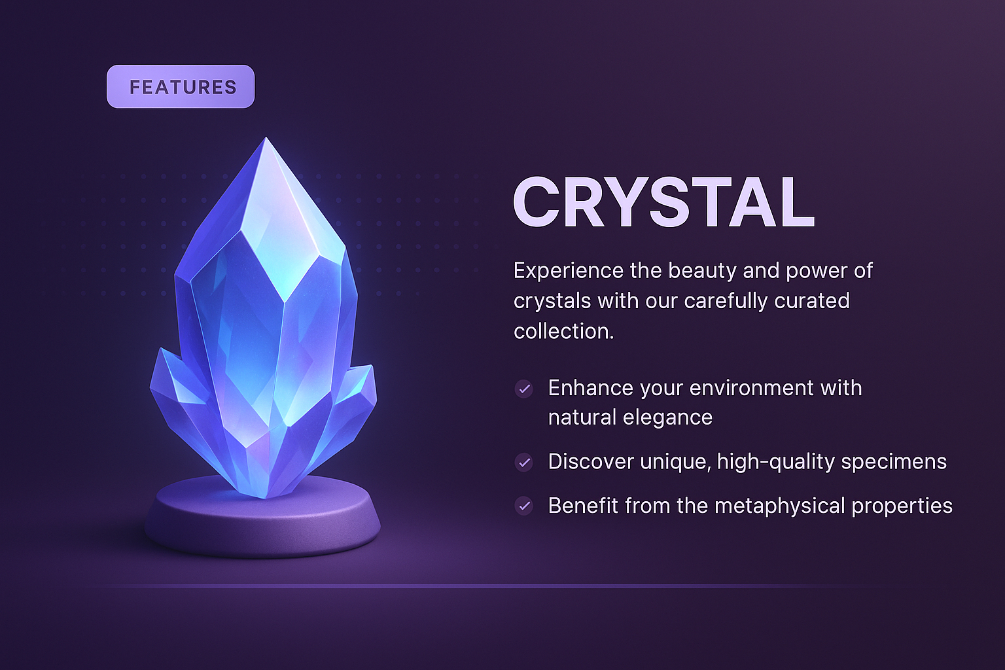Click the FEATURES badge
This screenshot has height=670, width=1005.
[x=181, y=86]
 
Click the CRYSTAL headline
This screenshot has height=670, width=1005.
[x=663, y=203]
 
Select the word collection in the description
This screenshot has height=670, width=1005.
[x=563, y=332]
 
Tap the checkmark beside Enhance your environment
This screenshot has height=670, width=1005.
[x=523, y=389]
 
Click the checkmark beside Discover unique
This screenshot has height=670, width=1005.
[x=523, y=463]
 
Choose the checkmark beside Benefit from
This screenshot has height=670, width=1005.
[x=523, y=506]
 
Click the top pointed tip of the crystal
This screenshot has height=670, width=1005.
[x=266, y=140]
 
